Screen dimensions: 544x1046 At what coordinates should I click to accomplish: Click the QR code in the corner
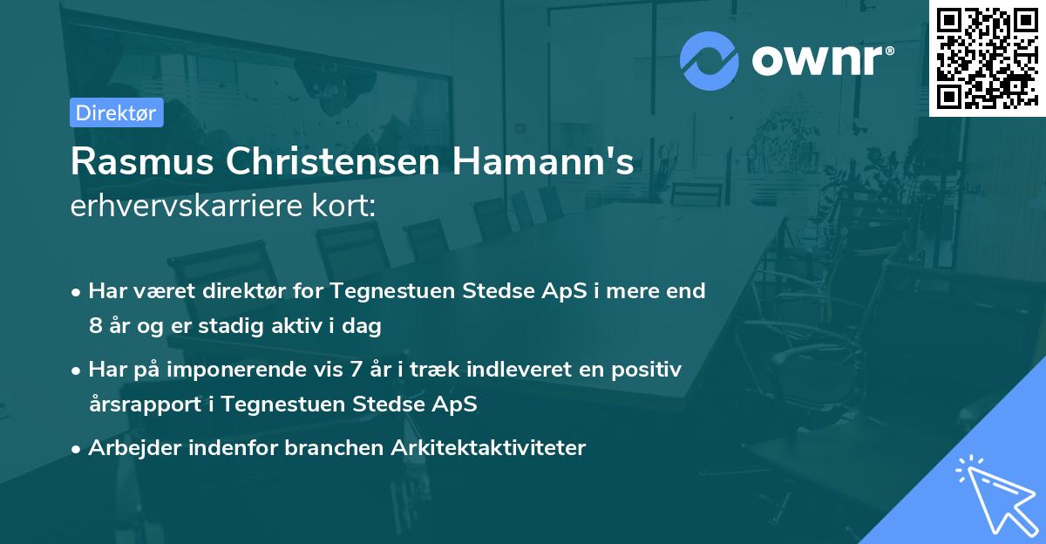tap(987, 58)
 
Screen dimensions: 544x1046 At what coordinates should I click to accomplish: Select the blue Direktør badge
tap(116, 112)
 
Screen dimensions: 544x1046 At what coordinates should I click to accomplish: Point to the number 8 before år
tap(95, 327)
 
